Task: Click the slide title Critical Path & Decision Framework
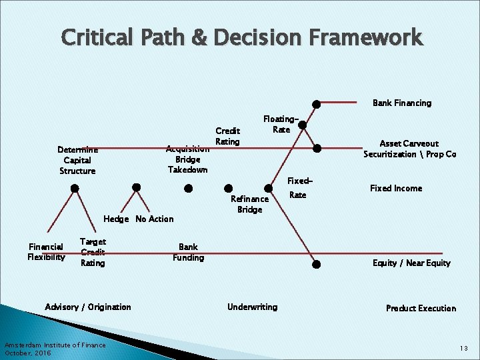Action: pyautogui.click(x=241, y=37)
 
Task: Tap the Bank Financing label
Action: pyautogui.click(x=401, y=103)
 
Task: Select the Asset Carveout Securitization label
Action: pyautogui.click(x=409, y=149)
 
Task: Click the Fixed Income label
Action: pyautogui.click(x=396, y=188)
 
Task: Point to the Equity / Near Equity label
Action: pyautogui.click(x=411, y=263)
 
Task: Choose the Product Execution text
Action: pyautogui.click(x=421, y=308)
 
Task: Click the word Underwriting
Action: pyautogui.click(x=252, y=307)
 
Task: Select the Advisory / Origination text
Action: pyautogui.click(x=88, y=307)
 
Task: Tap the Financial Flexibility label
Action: pyautogui.click(x=46, y=251)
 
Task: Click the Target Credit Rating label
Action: pyautogui.click(x=92, y=252)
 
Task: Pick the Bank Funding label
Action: pyautogui.click(x=188, y=252)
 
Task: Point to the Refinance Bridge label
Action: pyautogui.click(x=249, y=204)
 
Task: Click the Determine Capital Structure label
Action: pyautogui.click(x=77, y=160)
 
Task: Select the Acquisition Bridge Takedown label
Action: pyautogui.click(x=187, y=159)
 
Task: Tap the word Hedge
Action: pyautogui.click(x=117, y=219)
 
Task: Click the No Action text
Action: pyautogui.click(x=154, y=219)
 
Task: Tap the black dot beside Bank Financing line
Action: pyautogui.click(x=317, y=104)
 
